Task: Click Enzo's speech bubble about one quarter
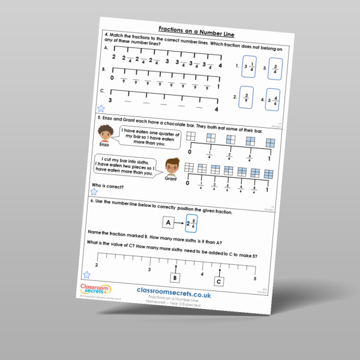click(x=149, y=137)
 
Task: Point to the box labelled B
click(x=175, y=278)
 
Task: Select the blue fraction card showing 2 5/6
click(x=191, y=223)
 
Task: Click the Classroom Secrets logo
click(x=94, y=289)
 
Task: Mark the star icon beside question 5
click(x=94, y=193)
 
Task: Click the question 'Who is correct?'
click(x=107, y=185)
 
